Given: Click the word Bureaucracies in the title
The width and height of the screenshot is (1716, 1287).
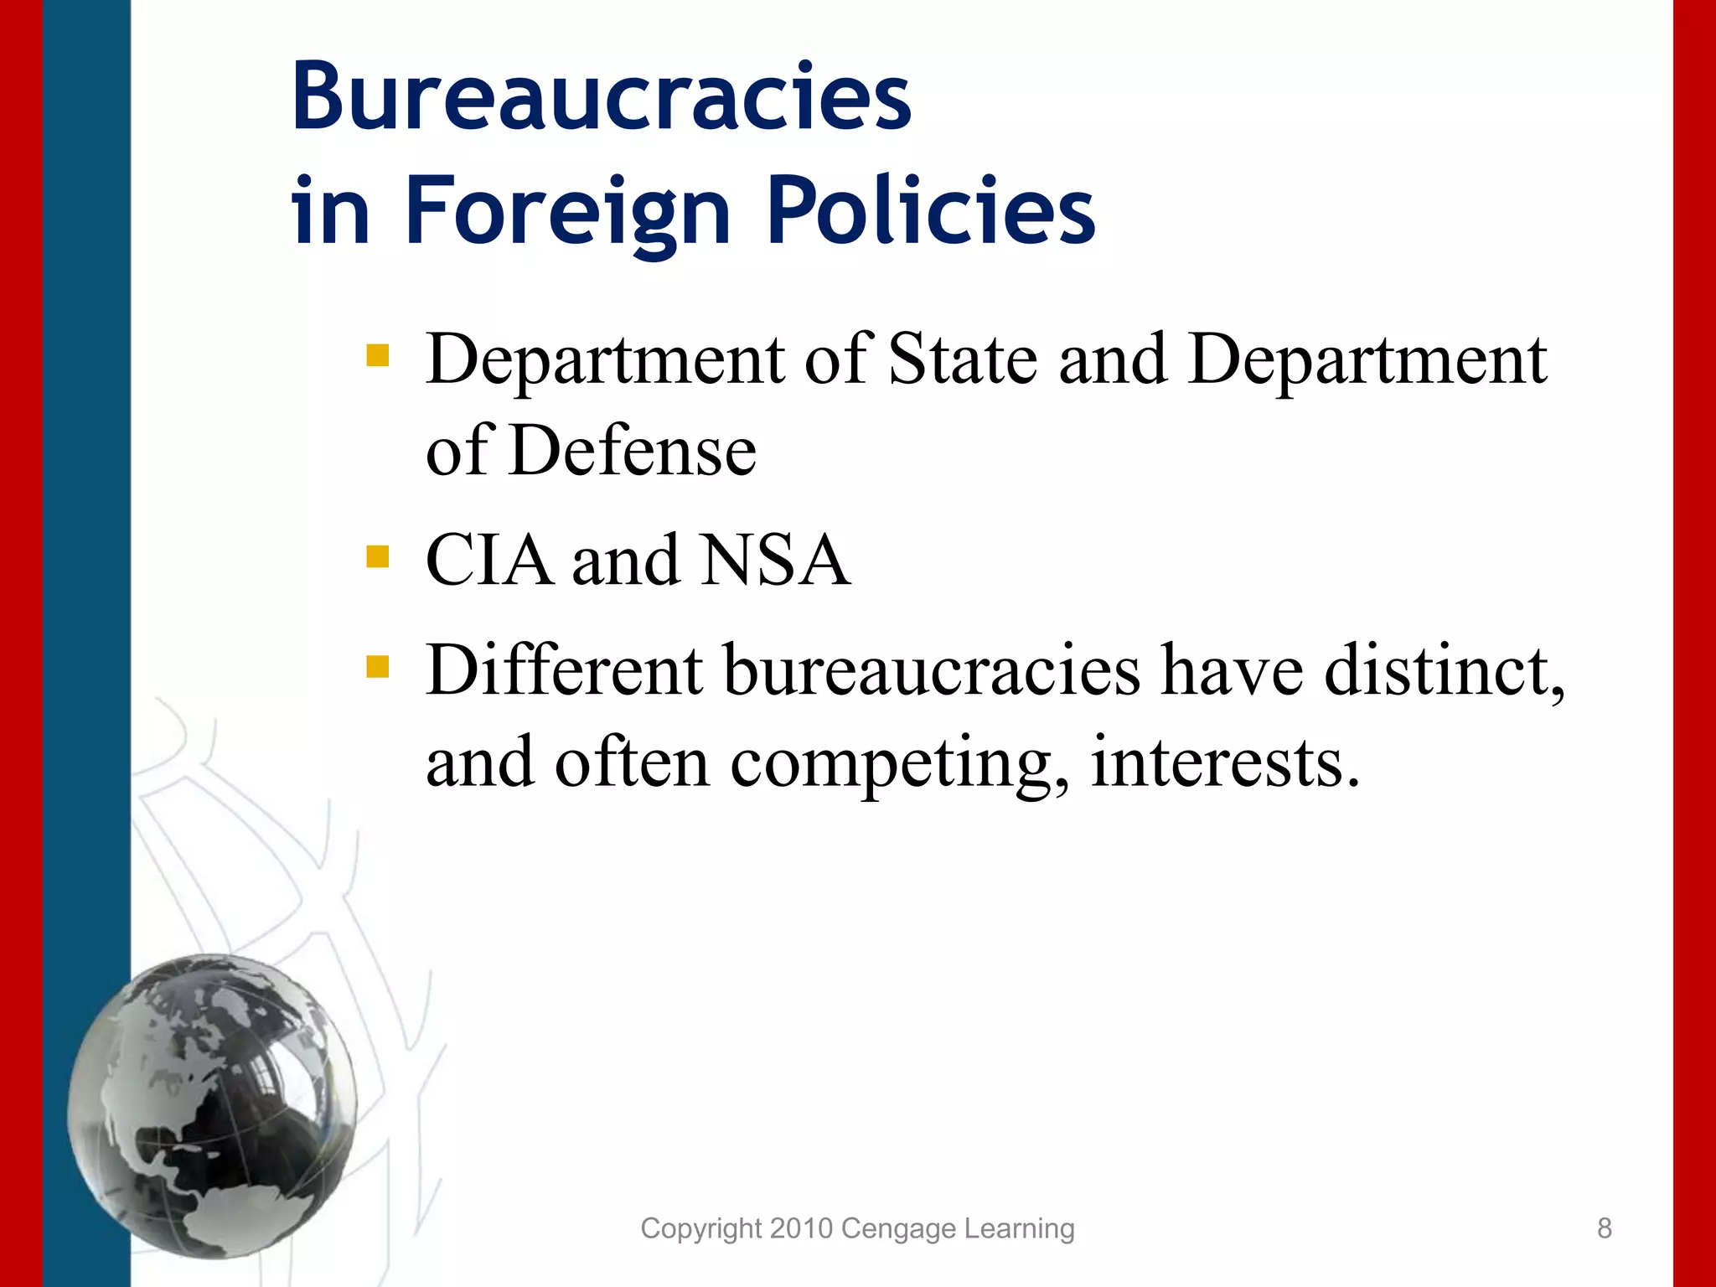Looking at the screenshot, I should (x=601, y=97).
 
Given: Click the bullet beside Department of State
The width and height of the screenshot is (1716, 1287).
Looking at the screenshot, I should (x=378, y=356).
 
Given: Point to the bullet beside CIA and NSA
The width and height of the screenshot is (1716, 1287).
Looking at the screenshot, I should (x=378, y=556).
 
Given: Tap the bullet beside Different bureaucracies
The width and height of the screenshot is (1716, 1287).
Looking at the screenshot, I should (x=378, y=666).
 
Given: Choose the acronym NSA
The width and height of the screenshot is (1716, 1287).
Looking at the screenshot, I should (x=776, y=560).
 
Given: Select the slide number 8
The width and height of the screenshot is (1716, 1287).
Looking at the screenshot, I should (x=1604, y=1228).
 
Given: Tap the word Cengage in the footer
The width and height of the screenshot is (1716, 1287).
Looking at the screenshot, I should (x=898, y=1229).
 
